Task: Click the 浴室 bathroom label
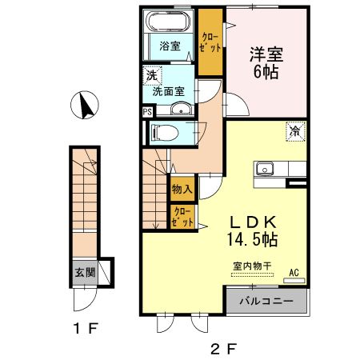[x=168, y=45]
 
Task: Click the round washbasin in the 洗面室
[x=182, y=110]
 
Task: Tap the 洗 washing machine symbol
[x=151, y=76]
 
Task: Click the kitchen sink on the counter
[x=265, y=170]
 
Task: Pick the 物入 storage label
[x=182, y=190]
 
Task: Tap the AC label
[x=294, y=272]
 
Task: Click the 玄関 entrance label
[x=85, y=272]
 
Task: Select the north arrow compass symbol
[x=86, y=104]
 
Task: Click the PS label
[x=147, y=113]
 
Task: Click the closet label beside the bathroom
[x=210, y=42]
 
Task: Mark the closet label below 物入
[x=182, y=218]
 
